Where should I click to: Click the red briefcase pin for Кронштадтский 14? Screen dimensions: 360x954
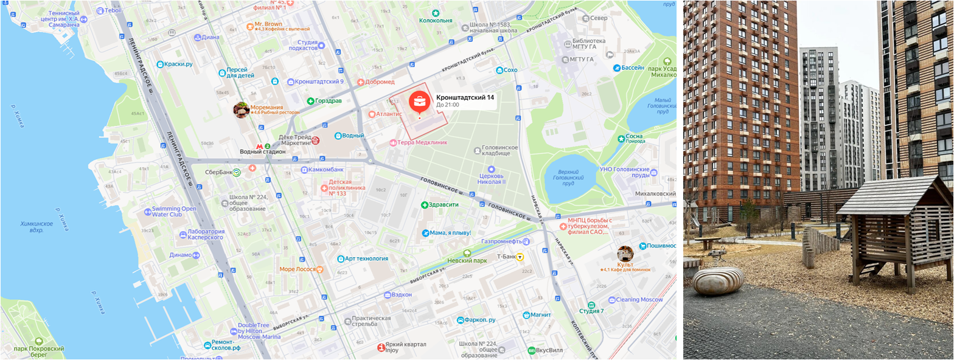[x=419, y=102]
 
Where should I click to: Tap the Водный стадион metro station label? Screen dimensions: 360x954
[x=262, y=151]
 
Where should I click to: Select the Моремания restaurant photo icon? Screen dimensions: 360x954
[x=242, y=109]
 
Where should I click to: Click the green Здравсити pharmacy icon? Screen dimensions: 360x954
[x=425, y=205]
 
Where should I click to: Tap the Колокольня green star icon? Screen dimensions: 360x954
[x=436, y=13]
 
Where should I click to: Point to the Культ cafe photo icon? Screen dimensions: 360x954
[x=625, y=253]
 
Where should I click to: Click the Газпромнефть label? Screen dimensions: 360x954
[x=503, y=241]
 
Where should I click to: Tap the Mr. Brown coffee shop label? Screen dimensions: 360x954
[x=268, y=24]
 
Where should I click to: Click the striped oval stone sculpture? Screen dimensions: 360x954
[x=718, y=281]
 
